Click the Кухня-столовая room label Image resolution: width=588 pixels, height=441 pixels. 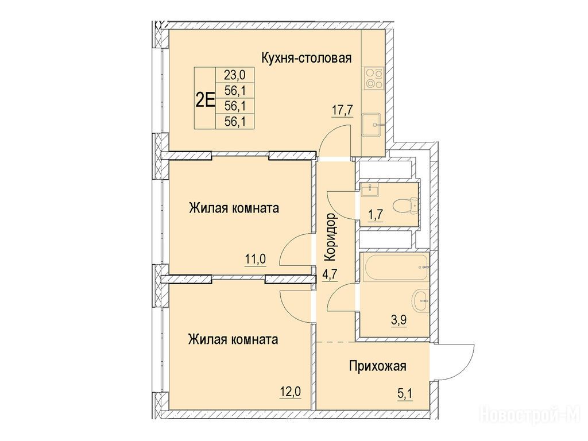(307, 58)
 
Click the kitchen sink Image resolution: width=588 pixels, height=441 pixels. (373, 125)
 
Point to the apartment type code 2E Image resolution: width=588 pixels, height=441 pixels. (205, 100)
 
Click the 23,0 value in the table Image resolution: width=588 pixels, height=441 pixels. (234, 75)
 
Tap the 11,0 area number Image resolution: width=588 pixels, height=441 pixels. (256, 259)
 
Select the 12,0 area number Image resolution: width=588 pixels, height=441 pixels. (290, 392)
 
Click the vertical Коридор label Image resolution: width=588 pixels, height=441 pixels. (330, 237)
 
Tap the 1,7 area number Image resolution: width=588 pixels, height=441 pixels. (376, 216)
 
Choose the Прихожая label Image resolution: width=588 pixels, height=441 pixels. (378, 366)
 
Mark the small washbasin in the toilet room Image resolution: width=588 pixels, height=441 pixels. (370, 189)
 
